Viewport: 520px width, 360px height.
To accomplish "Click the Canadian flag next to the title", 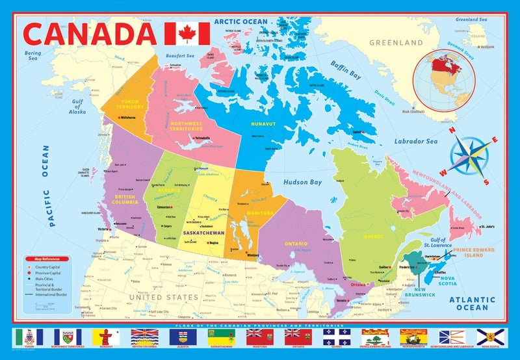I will pos(187,33).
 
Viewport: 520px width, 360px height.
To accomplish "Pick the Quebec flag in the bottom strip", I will pos(335,336).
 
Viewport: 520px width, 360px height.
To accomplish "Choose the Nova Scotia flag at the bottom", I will pos(489,336).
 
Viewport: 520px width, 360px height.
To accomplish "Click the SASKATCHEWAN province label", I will pos(203,232).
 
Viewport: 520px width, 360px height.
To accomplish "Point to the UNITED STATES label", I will pos(162,297).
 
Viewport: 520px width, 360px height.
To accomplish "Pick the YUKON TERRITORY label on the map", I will pos(130,105).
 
